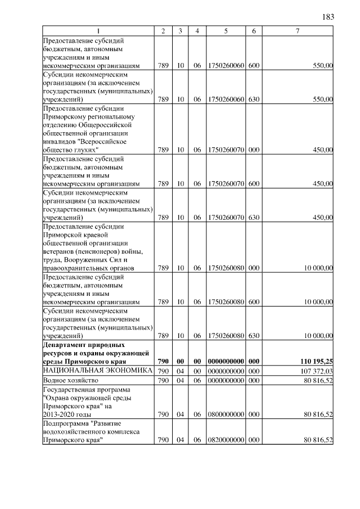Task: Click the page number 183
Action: pos(328,16)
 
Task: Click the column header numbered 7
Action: pos(297,30)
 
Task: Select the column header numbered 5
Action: pos(225,30)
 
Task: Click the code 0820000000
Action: pos(225,440)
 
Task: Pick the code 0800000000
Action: pos(225,415)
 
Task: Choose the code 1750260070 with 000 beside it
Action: pos(225,150)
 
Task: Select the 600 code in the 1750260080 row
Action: pos(254,302)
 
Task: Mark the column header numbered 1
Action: pos(98,30)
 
